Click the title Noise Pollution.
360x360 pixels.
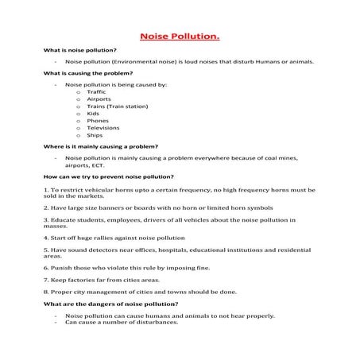(x=180, y=37)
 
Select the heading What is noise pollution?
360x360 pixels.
(x=79, y=50)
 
